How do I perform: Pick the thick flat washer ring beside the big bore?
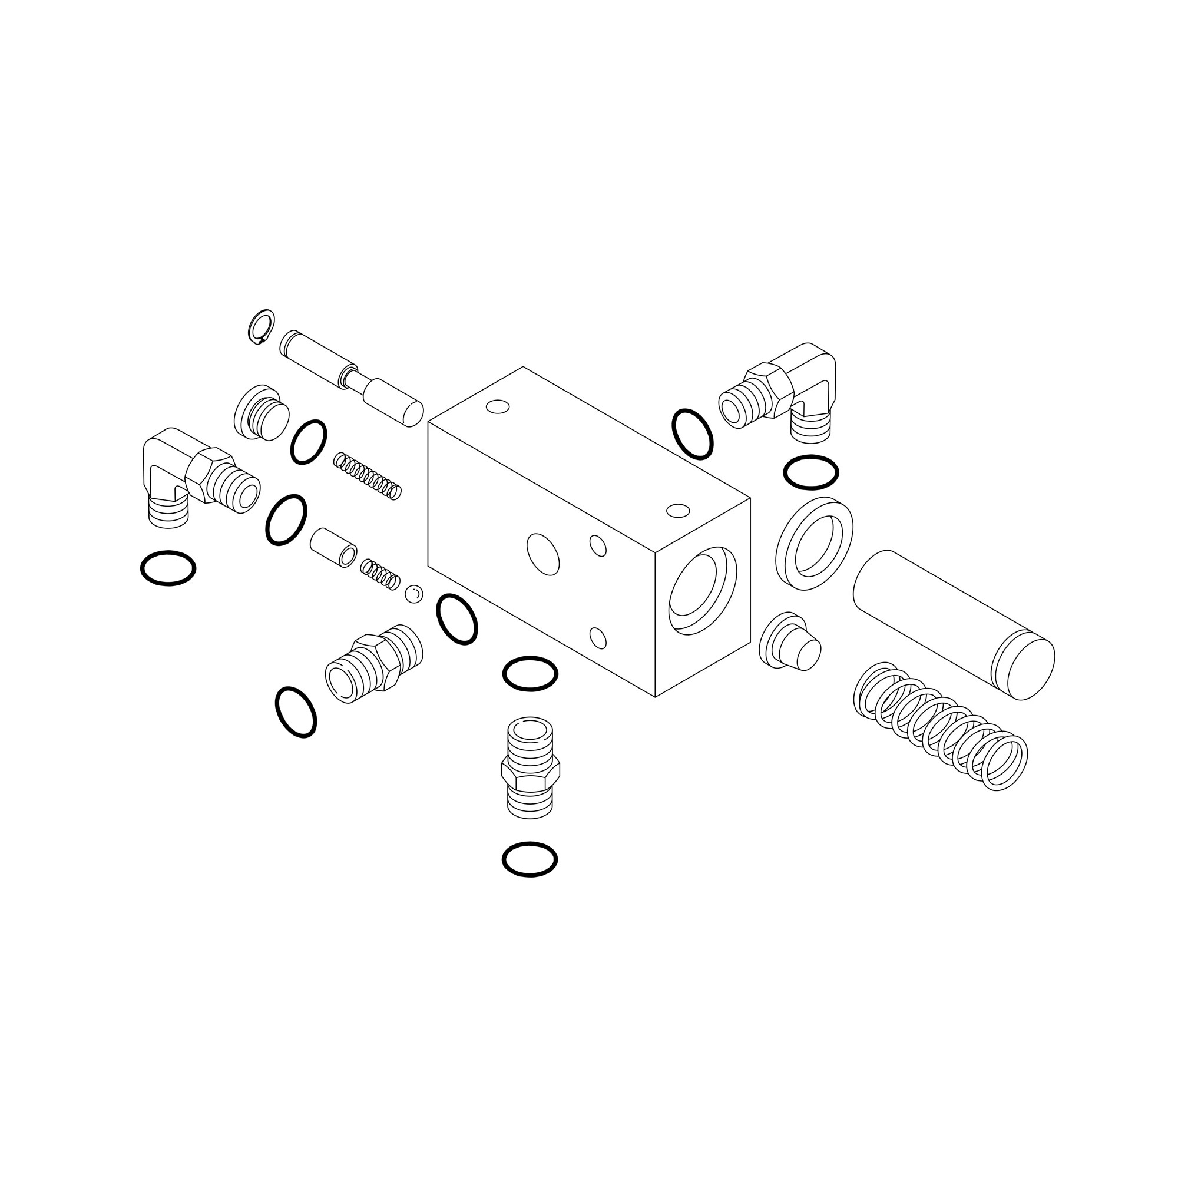click(813, 543)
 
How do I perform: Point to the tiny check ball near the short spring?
click(414, 594)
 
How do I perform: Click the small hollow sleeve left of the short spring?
click(332, 548)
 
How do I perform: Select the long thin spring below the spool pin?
click(368, 477)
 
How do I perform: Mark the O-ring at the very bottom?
click(530, 860)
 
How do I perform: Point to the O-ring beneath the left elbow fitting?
click(168, 568)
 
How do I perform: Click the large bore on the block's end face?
click(703, 590)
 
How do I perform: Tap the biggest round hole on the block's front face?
click(542, 554)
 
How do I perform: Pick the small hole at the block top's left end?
click(498, 406)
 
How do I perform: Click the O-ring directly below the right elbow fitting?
click(810, 472)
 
